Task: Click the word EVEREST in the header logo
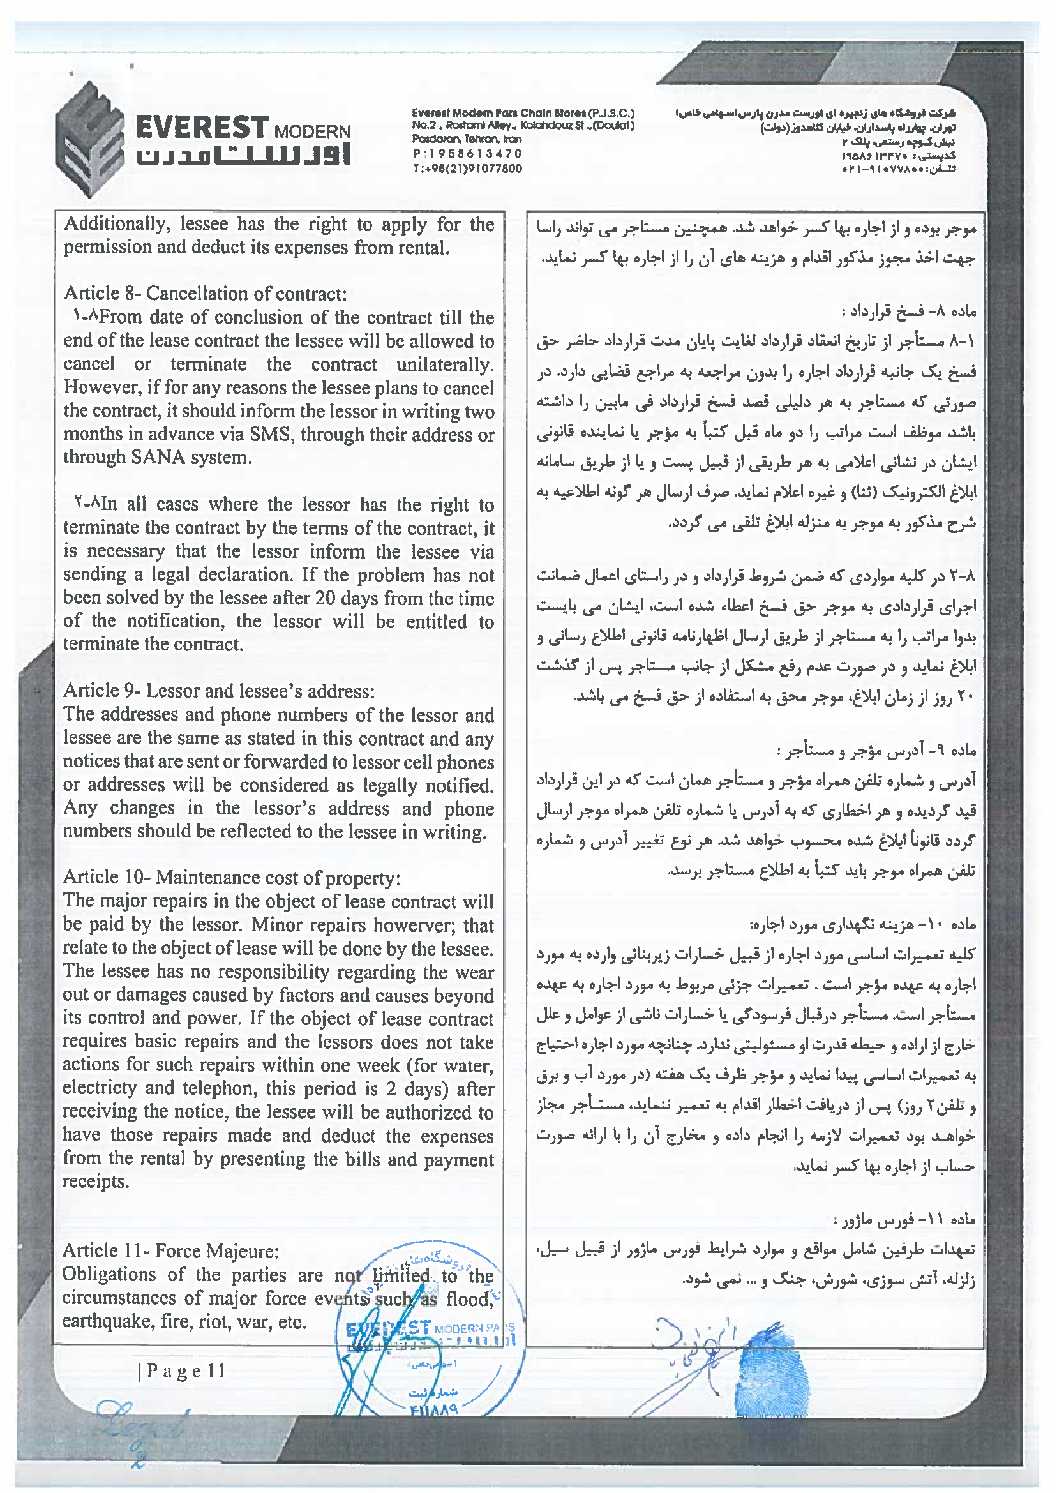202,127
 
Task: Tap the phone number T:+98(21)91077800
467,169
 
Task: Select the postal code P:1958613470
467,154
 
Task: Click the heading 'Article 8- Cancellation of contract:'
205,294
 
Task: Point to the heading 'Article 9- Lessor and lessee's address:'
219,691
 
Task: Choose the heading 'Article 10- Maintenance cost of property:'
232,877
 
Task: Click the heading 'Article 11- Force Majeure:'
170,1250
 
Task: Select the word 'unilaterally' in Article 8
445,364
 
